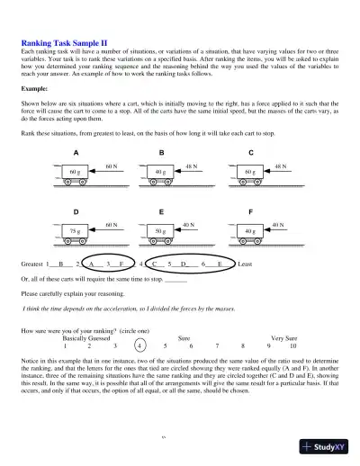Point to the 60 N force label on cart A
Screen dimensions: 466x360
coord(112,167)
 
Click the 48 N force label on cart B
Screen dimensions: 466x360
coord(192,167)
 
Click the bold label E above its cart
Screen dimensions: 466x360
coord(161,211)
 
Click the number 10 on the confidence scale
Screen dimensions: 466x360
coord(292,345)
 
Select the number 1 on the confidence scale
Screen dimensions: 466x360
coord(66,345)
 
